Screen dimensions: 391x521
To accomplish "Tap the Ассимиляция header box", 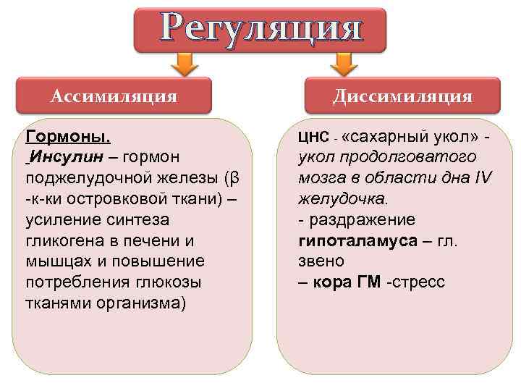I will pos(114,96).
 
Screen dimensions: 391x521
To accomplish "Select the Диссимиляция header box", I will pos(402,96).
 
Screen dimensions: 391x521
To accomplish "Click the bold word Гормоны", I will pos(68,136).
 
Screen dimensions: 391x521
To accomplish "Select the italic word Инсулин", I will pos(60,157).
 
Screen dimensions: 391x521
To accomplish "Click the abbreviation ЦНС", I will pos(310,136).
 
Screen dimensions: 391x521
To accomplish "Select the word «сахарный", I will pos(384,136).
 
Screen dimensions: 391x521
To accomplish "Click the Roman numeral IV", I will pos(483,178).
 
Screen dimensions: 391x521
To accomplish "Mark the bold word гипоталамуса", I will pos(357,240).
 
